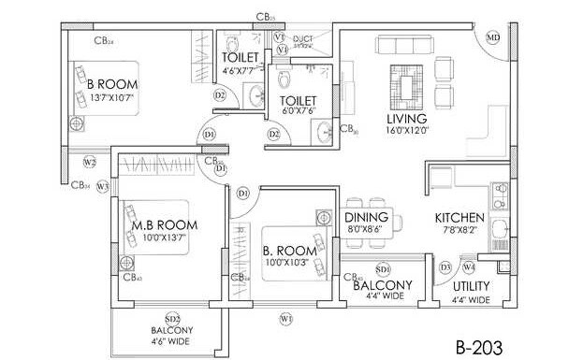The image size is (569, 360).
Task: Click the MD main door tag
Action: click(494, 37)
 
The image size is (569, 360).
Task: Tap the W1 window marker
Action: click(285, 320)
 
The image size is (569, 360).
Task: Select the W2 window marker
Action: click(90, 162)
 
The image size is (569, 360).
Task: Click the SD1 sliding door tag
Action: click(382, 267)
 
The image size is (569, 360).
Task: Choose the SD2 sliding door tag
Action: click(172, 317)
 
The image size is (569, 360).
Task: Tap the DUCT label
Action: click(306, 36)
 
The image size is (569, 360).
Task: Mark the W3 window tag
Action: click(103, 186)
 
